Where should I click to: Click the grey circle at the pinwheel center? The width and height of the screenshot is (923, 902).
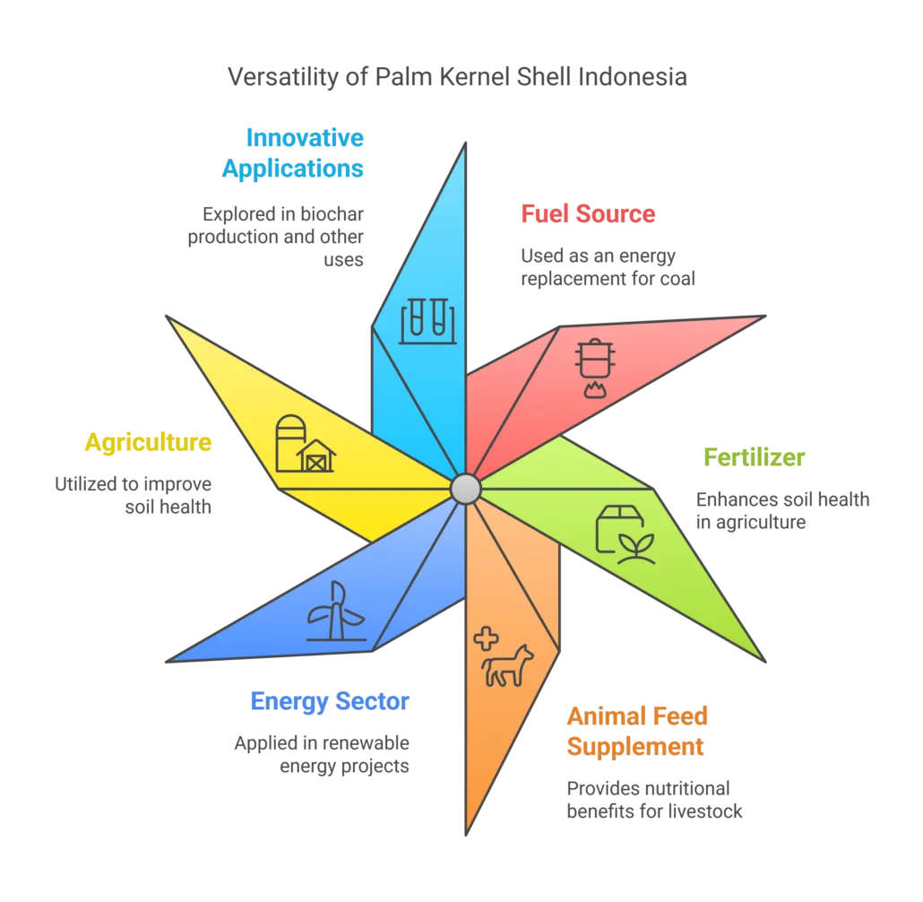click(466, 488)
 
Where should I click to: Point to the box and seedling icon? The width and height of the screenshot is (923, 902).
click(625, 533)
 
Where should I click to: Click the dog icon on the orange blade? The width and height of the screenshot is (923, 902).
click(508, 666)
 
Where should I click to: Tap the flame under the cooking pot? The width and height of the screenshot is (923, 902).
click(593, 389)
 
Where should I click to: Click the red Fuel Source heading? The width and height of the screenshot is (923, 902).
click(588, 215)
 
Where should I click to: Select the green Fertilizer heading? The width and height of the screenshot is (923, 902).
click(755, 456)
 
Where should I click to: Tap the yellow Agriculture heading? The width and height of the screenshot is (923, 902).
click(149, 441)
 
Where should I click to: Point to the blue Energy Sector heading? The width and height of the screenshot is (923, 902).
click(330, 701)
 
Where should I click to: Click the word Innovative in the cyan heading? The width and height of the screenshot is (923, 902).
click(305, 138)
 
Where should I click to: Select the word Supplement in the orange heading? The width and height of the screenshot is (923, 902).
click(636, 746)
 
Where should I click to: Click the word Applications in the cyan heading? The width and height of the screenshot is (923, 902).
click(292, 168)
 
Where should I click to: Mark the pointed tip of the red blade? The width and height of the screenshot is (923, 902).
click(761, 317)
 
